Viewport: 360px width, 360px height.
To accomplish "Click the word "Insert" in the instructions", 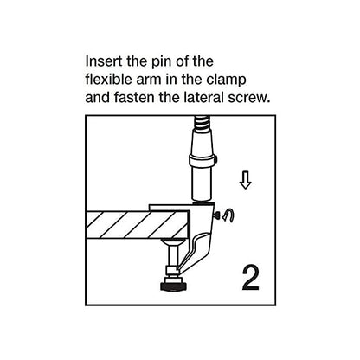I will pyautogui.click(x=102, y=63).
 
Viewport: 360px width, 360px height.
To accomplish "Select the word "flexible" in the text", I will pyautogui.click(x=110, y=80).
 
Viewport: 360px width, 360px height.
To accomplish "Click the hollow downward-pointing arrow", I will pyautogui.click(x=245, y=181).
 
